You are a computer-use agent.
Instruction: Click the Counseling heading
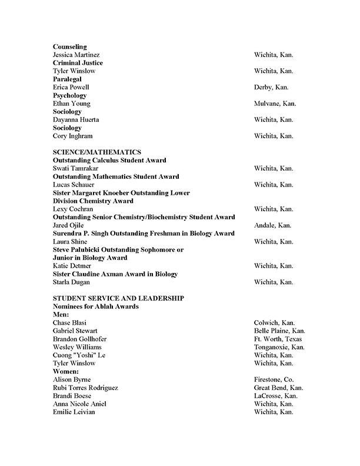(70, 46)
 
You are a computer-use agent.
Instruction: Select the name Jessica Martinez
(76, 55)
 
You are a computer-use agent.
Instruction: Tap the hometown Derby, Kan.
(271, 87)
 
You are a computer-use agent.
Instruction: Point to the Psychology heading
(70, 95)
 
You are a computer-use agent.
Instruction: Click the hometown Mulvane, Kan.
(275, 104)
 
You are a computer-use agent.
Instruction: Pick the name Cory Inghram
(73, 136)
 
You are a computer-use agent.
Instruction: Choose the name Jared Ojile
(69, 225)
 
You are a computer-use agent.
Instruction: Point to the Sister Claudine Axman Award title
(115, 274)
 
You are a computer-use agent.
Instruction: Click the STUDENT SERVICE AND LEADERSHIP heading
(119, 298)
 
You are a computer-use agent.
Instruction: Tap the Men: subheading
(61, 315)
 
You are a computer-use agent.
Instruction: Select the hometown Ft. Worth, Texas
(278, 339)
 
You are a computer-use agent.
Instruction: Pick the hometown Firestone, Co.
(274, 380)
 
